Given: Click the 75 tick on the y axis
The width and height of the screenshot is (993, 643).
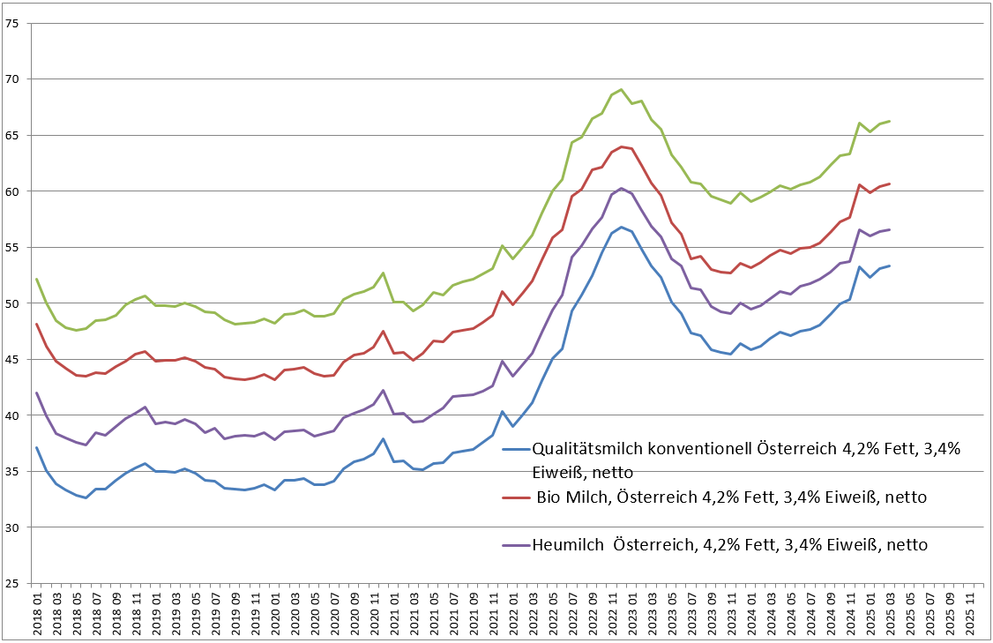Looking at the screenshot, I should (x=12, y=23).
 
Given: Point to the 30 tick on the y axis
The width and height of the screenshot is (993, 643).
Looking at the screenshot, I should (x=12, y=527).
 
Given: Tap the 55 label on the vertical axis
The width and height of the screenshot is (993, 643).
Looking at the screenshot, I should (x=12, y=247).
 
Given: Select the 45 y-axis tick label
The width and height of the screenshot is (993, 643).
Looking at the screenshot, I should (x=12, y=359).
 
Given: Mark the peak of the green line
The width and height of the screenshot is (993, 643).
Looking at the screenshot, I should (x=622, y=89).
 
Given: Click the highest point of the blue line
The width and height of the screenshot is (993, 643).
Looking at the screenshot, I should (x=622, y=227).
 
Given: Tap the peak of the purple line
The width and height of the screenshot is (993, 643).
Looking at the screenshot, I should (x=622, y=188).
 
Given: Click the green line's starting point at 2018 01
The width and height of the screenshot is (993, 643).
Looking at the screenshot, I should (x=37, y=279).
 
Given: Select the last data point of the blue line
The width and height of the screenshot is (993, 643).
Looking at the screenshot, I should (x=889, y=265).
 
